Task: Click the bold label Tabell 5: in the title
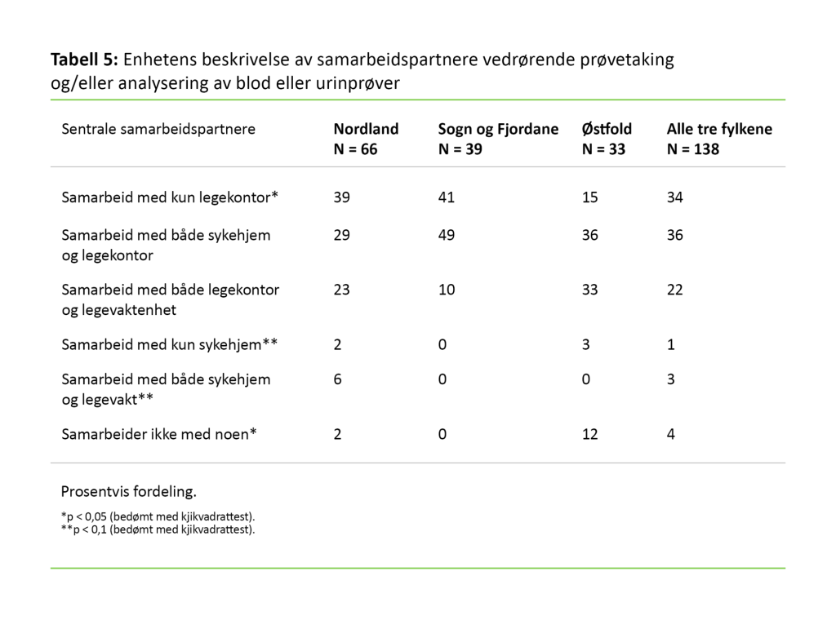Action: pyautogui.click(x=85, y=60)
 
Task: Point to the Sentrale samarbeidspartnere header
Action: pyautogui.click(x=158, y=129)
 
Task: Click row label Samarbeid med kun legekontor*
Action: pyautogui.click(x=171, y=197)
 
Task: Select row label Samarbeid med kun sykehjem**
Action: pyautogui.click(x=171, y=344)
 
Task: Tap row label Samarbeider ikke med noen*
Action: pyautogui.click(x=159, y=434)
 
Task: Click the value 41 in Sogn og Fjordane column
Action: pyautogui.click(x=446, y=197)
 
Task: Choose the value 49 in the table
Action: pyautogui.click(x=446, y=235)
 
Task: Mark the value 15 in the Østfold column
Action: pyautogui.click(x=589, y=197)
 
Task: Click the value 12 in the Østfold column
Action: pyautogui.click(x=589, y=434)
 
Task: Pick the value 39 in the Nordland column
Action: pyautogui.click(x=342, y=197)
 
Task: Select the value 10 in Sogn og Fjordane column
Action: pyautogui.click(x=446, y=290)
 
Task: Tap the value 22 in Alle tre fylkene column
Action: pyautogui.click(x=674, y=290)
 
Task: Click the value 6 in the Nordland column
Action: pyautogui.click(x=338, y=379)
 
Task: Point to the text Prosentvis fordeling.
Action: pyautogui.click(x=129, y=492)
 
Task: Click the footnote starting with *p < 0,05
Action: pyautogui.click(x=158, y=516)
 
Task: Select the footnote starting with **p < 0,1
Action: pyautogui.click(x=158, y=529)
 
